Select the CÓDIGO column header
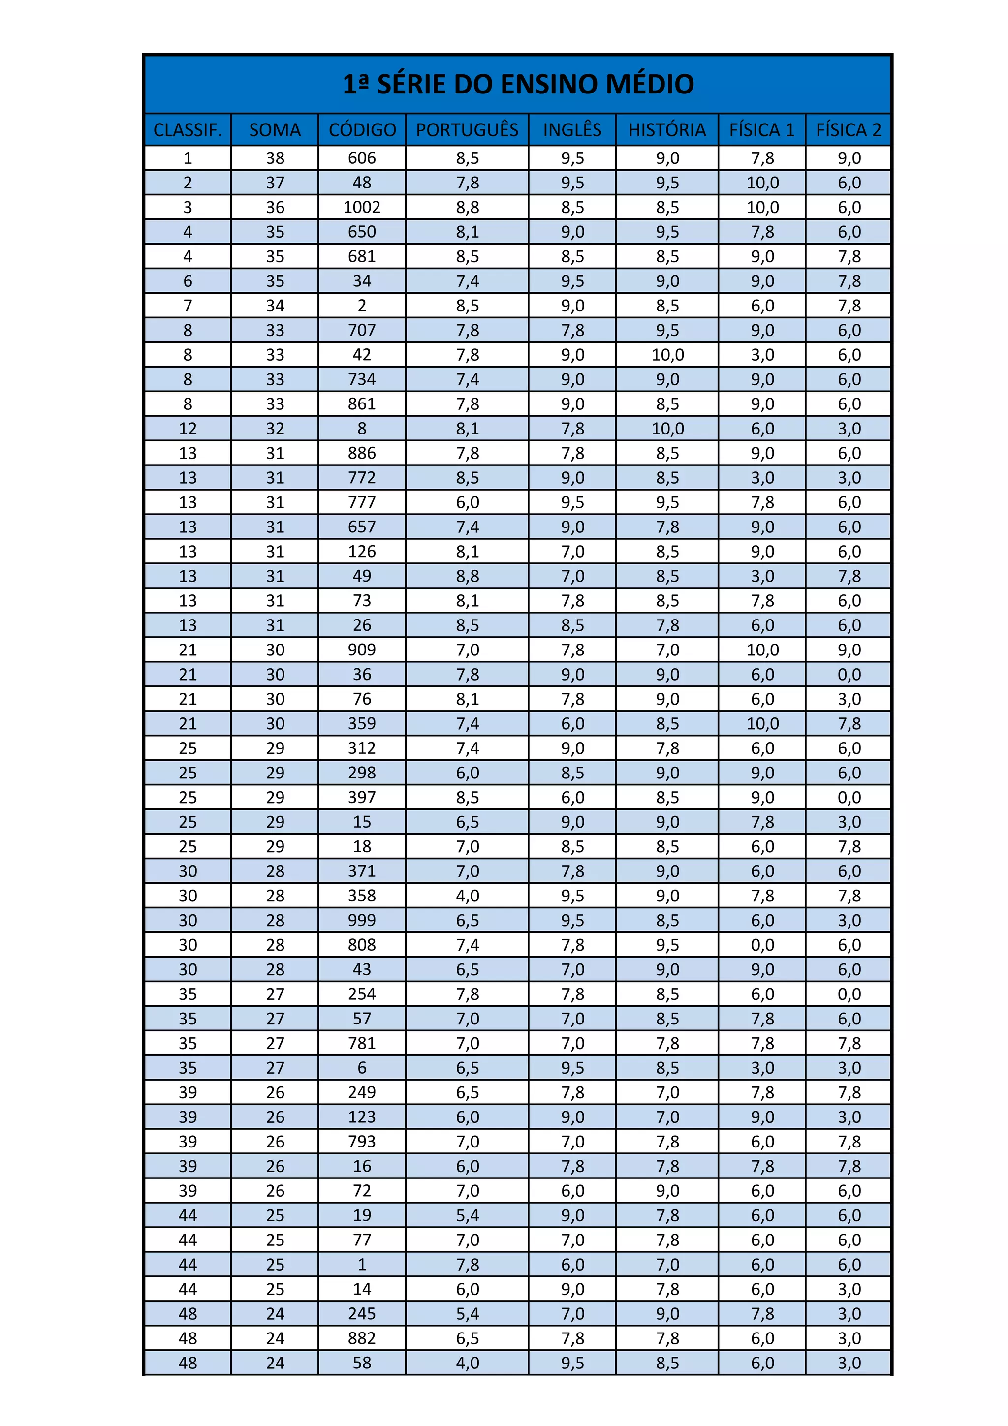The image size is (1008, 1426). [362, 130]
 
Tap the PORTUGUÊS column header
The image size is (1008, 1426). [467, 130]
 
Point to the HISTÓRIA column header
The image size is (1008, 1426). [667, 130]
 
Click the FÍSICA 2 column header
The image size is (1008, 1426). [849, 130]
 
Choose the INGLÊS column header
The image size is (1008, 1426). [572, 130]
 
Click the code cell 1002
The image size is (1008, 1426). [362, 208]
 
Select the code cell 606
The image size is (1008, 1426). [362, 158]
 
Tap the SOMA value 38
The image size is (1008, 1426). [275, 158]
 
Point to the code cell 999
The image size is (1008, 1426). [362, 921]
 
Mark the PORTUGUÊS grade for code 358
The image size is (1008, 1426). [468, 896]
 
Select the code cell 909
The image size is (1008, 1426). [362, 651]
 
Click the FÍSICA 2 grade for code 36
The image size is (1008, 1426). [849, 675]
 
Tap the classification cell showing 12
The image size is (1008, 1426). [188, 429]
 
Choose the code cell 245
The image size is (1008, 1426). [362, 1314]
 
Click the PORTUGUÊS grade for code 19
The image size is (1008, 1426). [468, 1215]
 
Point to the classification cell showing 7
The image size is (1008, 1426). [188, 306]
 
